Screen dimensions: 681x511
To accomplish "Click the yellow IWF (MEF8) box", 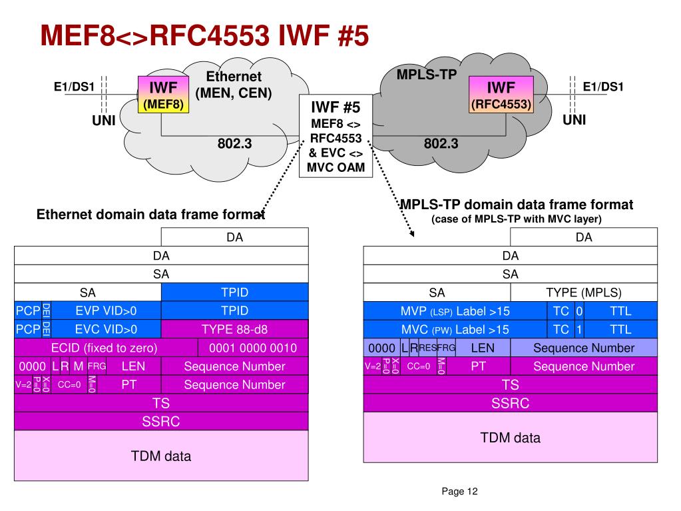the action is (x=163, y=95).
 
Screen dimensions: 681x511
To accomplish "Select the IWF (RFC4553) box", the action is (x=501, y=95).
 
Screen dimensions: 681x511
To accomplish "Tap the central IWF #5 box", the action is (x=336, y=136).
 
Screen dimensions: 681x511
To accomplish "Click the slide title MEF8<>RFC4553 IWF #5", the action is (x=204, y=35).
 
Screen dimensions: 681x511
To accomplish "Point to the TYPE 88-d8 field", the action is (x=234, y=329).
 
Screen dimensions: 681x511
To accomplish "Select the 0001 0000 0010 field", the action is (x=253, y=348).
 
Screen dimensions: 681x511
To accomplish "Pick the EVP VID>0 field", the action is (x=106, y=310).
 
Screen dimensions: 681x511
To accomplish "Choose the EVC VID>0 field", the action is (x=106, y=329).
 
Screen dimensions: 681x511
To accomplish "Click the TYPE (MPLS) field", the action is (x=584, y=292).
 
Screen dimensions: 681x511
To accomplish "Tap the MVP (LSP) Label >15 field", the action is (x=455, y=311).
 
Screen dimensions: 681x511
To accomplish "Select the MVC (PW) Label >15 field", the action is (x=455, y=329).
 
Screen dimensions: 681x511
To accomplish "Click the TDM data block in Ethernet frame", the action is (x=161, y=456).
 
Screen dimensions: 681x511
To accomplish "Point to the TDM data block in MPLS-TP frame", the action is (x=511, y=438).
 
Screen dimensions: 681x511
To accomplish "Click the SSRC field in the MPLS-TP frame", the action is (x=511, y=403).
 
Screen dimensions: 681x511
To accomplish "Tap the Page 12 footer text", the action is (x=459, y=492).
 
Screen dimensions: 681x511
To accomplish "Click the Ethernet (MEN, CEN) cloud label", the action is (x=234, y=85).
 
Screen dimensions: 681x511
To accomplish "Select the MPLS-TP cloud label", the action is (x=427, y=75).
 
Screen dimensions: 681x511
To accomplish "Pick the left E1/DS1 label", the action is (x=75, y=87).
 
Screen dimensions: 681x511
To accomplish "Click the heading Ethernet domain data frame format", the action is (x=150, y=215).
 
